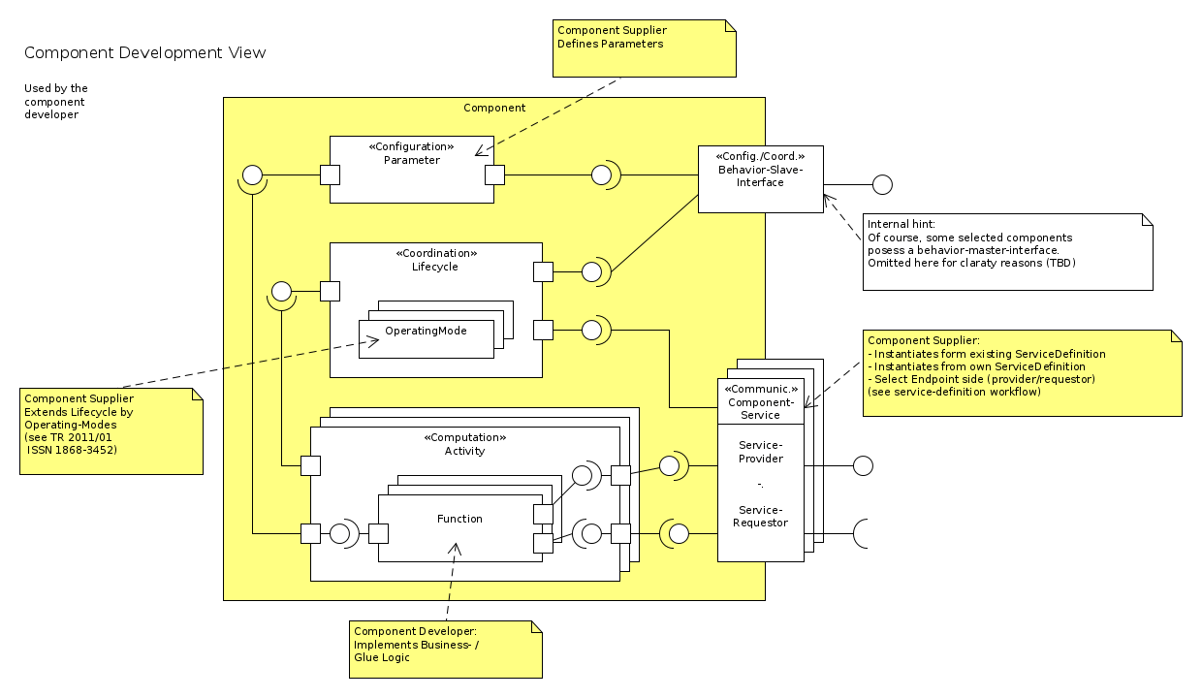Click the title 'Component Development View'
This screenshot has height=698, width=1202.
(x=144, y=52)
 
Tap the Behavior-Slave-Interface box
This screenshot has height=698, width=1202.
(x=760, y=178)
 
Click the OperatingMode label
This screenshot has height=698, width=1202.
(x=426, y=331)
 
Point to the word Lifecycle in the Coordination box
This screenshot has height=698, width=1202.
(x=435, y=266)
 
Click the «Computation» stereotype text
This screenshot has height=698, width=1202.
(x=464, y=437)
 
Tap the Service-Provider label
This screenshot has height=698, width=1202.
(x=761, y=452)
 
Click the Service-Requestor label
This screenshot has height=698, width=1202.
(x=761, y=516)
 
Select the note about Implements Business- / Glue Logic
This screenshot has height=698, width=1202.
(x=445, y=649)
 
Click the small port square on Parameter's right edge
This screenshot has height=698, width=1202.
(x=494, y=175)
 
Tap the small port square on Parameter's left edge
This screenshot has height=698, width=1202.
(x=330, y=175)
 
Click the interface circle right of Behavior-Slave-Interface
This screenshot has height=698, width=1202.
(x=882, y=184)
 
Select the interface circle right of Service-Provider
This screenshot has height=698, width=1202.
(x=863, y=466)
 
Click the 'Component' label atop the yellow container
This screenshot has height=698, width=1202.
(x=494, y=108)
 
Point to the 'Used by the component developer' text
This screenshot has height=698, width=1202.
(x=56, y=102)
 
